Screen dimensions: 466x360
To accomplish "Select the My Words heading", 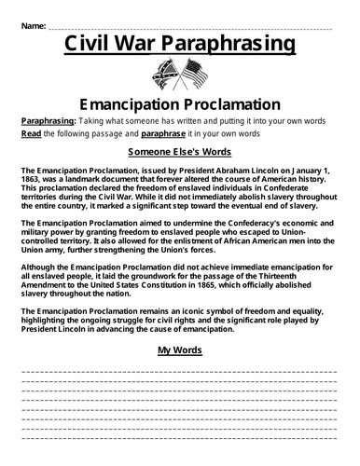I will click(179, 351).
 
